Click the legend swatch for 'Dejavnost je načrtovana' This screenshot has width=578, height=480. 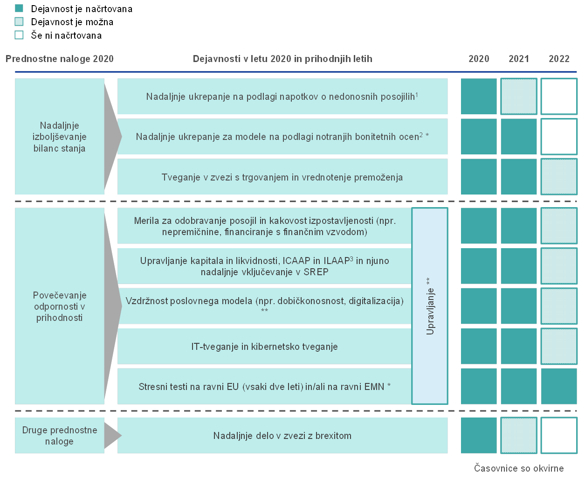pos(19,8)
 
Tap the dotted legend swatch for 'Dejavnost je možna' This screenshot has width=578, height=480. pos(19,21)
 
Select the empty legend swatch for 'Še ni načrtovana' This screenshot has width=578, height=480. pos(19,35)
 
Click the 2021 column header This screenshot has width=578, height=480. pos(518,59)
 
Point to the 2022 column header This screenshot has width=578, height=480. pos(558,59)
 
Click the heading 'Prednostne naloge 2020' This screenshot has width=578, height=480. pos(60,59)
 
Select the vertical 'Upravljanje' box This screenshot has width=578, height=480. pos(429,306)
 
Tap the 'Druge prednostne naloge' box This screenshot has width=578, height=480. pos(60,435)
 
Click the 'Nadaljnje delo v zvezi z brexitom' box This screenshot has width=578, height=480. pos(282,435)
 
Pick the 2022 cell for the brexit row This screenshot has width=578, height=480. pos(558,435)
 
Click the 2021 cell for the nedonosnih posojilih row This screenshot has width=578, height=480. pos(518,96)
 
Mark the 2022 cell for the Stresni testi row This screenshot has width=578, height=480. pos(558,386)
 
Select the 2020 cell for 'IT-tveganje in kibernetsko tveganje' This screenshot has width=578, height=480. pos(479,346)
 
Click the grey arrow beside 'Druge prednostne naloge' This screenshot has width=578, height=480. pos(113,435)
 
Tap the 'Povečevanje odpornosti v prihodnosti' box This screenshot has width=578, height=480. pos(60,306)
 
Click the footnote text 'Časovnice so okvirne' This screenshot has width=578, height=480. pos(519,468)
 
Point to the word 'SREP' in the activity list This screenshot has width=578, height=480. pos(316,271)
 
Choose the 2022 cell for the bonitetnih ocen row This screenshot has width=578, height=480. pos(558,136)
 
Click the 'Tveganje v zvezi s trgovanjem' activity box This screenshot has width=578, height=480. pos(282,176)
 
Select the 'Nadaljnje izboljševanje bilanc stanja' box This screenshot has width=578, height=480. pos(60,136)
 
